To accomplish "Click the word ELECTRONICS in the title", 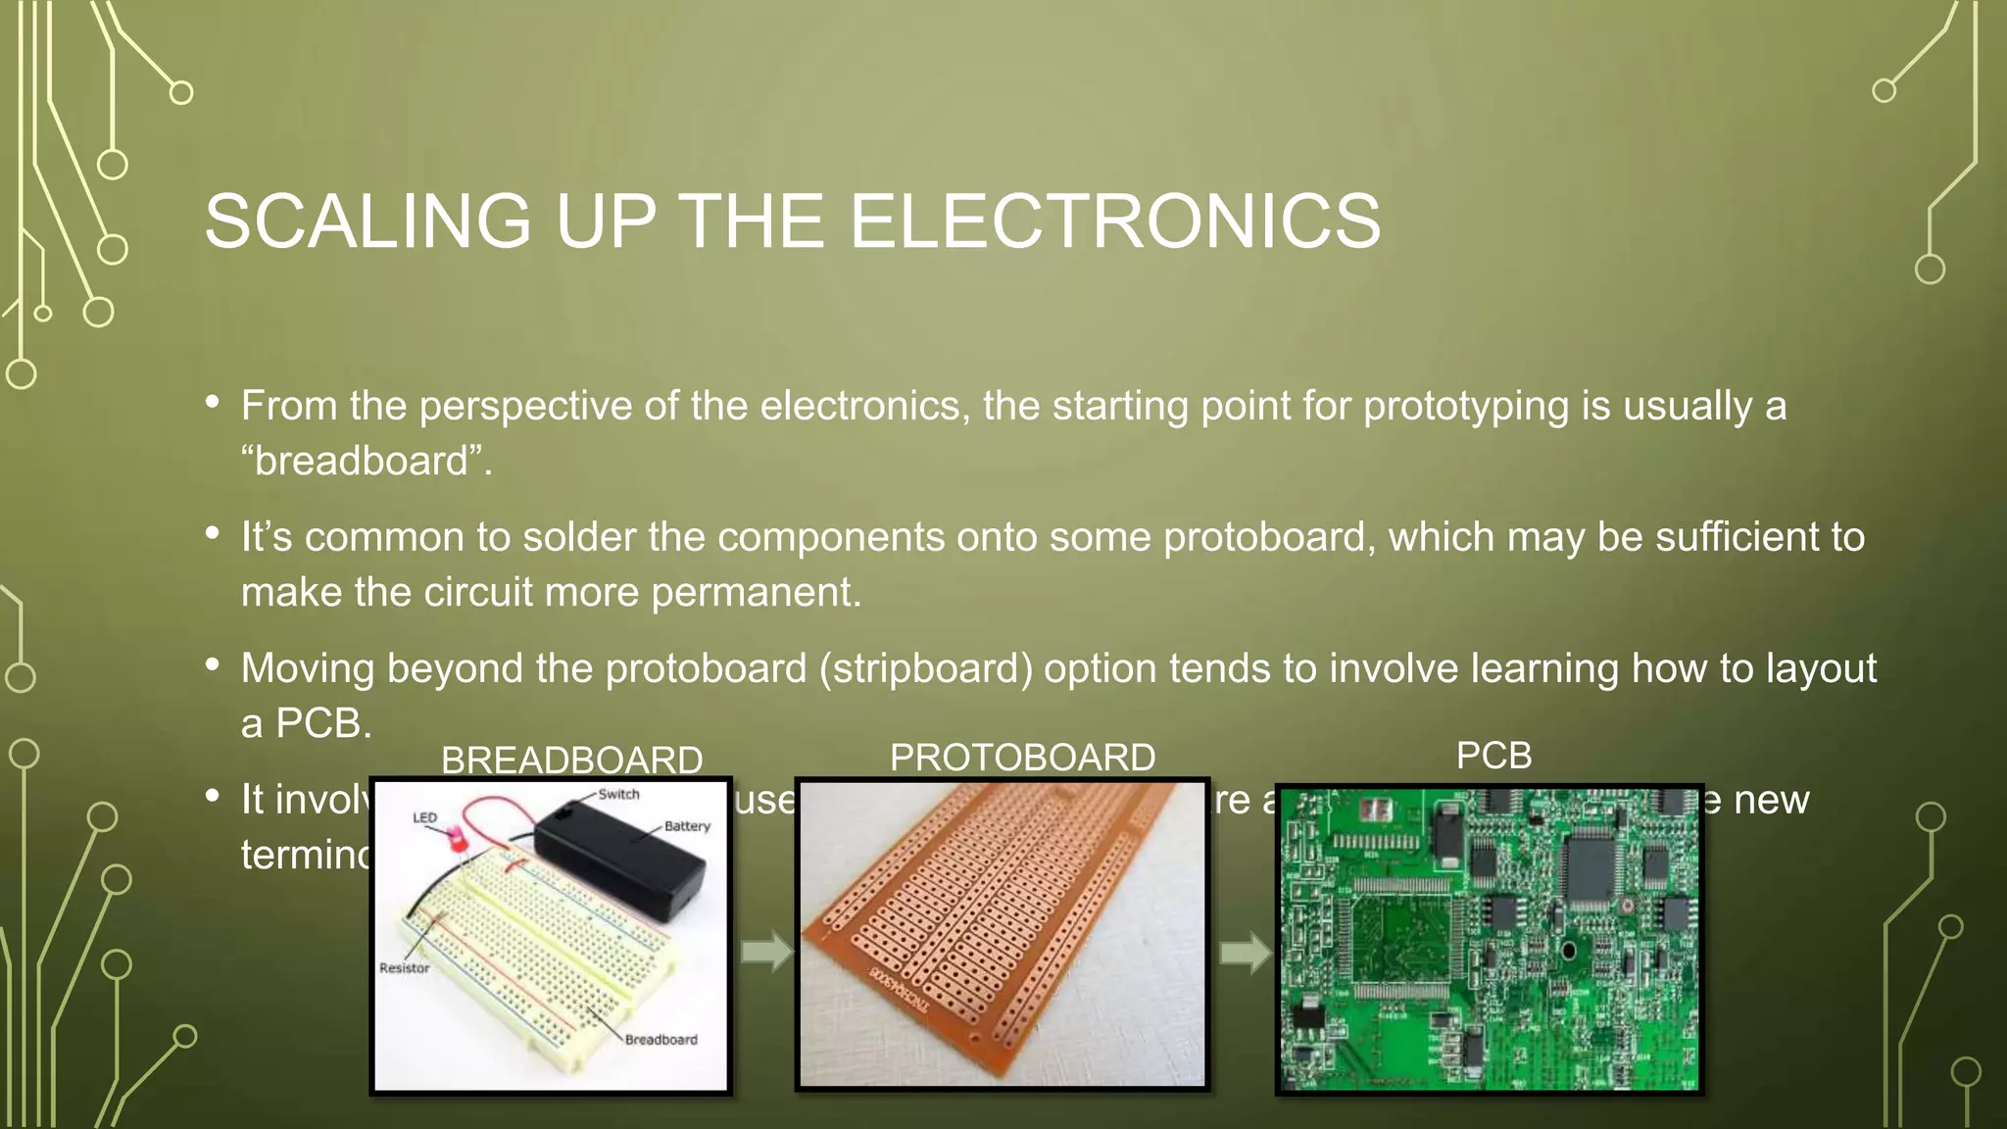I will (x=1114, y=221).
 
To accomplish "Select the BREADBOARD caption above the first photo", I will (x=571, y=760).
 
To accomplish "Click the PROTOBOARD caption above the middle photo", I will (x=1022, y=758).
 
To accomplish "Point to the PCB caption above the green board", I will (x=1493, y=756).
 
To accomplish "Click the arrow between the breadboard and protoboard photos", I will (x=766, y=951).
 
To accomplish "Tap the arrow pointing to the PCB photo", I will (x=1246, y=952).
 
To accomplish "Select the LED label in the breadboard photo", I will (x=424, y=817).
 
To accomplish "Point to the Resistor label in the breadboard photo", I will (x=405, y=968).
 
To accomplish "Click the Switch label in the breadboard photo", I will (x=618, y=795).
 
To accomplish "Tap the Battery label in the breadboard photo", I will (x=687, y=826).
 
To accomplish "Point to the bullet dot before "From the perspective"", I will (x=213, y=402).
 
